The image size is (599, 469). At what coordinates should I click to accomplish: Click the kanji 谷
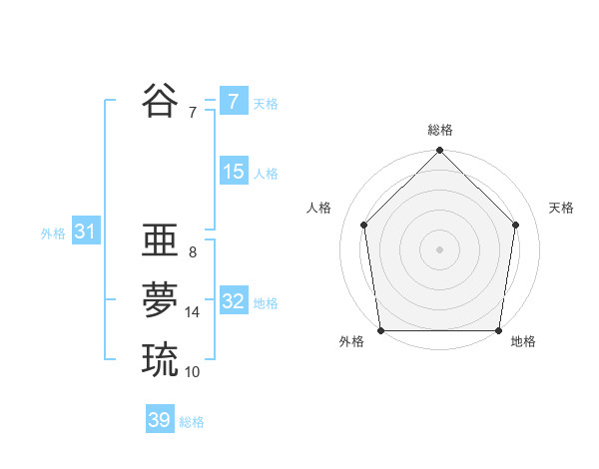[160, 100]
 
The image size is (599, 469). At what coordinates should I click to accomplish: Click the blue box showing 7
[233, 101]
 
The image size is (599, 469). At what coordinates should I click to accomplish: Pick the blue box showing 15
[233, 172]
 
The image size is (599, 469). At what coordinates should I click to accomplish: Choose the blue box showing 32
[233, 301]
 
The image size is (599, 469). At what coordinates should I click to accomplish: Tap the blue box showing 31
[85, 233]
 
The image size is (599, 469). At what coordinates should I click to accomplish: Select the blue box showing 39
[159, 420]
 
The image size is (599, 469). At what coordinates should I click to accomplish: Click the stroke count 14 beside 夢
[193, 312]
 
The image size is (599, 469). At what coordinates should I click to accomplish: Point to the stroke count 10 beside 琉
[193, 372]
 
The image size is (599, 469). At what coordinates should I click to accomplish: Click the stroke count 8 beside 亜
[192, 252]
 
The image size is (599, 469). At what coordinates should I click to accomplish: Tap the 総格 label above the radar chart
[439, 130]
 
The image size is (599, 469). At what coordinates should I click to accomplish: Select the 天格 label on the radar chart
[561, 208]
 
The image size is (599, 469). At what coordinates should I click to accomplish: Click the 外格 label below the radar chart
[351, 341]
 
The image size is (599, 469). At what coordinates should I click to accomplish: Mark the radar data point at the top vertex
[439, 152]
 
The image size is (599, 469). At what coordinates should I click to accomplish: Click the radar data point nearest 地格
[498, 330]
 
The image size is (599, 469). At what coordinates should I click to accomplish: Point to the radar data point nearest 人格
[364, 225]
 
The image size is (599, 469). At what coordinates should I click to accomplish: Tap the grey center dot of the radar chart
[439, 248]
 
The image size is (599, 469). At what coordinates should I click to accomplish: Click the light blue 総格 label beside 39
[192, 422]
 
